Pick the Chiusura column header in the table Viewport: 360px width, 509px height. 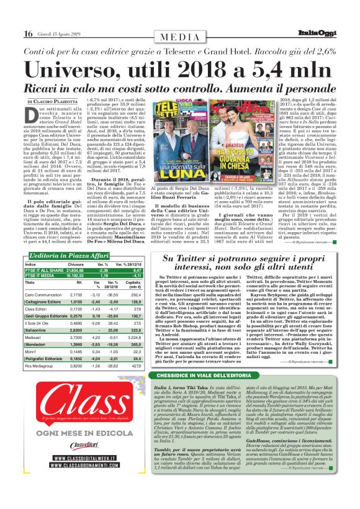76,247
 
